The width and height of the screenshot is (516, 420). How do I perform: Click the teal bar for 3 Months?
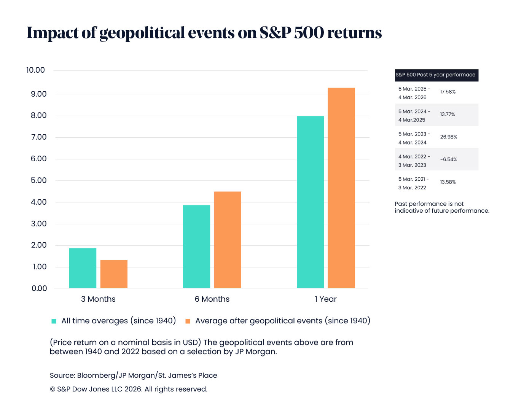tap(83, 268)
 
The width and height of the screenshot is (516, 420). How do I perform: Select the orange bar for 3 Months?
tap(114, 274)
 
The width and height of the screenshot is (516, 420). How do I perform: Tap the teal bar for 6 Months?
tap(196, 247)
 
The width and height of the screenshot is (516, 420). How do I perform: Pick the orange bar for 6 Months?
tap(228, 240)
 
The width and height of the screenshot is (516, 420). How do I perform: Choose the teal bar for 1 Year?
tap(310, 202)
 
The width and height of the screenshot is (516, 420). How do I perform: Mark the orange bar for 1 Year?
tap(341, 188)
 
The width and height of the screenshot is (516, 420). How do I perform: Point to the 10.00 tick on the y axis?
tap(35, 70)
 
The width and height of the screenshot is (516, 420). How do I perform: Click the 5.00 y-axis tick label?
tap(38, 180)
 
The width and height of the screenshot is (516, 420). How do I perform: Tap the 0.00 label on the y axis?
tap(39, 288)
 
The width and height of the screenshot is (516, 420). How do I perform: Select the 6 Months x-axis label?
tap(212, 299)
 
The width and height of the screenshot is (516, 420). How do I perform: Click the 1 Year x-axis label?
tap(325, 299)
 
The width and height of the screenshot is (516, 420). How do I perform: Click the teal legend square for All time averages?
tap(54, 321)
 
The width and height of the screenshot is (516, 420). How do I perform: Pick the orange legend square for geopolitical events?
tap(188, 321)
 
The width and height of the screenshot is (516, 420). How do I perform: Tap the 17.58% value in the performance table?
tap(448, 92)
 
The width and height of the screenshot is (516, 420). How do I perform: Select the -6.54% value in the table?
tap(449, 159)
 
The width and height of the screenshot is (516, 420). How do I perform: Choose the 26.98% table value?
tap(449, 137)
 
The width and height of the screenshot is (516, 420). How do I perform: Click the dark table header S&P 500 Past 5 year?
tap(436, 75)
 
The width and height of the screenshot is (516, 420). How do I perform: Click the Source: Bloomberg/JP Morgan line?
tap(133, 375)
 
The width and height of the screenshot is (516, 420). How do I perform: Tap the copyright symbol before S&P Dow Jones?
tap(53, 390)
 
